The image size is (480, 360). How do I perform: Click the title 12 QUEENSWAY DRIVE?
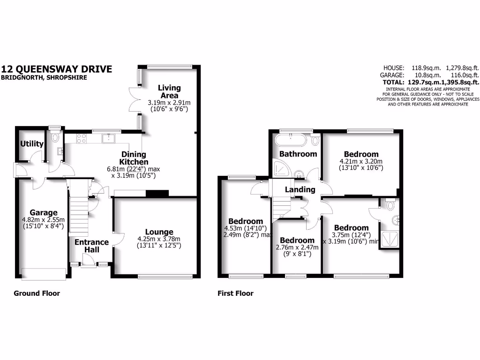tap(57, 69)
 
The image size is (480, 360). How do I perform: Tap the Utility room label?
tap(32, 144)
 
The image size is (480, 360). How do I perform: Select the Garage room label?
tap(44, 213)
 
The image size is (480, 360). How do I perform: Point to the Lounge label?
tap(159, 232)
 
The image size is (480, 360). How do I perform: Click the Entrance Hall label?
tap(92, 246)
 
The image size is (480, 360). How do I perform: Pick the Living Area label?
tap(169, 91)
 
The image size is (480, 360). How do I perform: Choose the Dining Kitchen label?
tap(134, 158)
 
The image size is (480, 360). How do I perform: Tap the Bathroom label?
tap(298, 154)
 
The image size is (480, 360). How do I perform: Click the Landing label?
tap(300, 189)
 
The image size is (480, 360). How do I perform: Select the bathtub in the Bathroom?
tap(291, 140)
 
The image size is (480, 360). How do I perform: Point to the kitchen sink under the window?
tap(109, 138)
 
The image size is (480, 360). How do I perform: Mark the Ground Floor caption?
tap(37, 293)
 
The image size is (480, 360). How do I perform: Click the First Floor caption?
tap(235, 293)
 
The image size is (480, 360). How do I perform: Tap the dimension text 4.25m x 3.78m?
tap(159, 239)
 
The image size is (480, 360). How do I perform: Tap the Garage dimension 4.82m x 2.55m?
tap(44, 220)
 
